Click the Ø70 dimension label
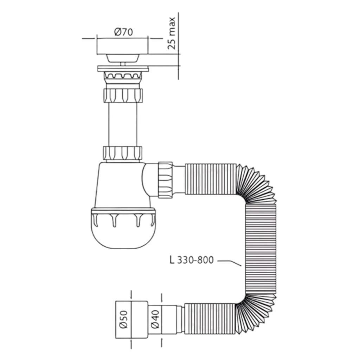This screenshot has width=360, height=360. tap(123, 32)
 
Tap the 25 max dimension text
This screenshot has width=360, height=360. tap(171, 33)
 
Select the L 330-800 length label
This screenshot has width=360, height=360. tap(192, 260)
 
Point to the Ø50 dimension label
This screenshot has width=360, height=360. tap(124, 319)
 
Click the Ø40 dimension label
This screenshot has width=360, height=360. tap(156, 319)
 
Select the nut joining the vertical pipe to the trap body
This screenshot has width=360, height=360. tap(123, 153)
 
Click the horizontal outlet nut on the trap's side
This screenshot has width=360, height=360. tap(165, 180)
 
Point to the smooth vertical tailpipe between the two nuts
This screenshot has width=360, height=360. tap(123, 124)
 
